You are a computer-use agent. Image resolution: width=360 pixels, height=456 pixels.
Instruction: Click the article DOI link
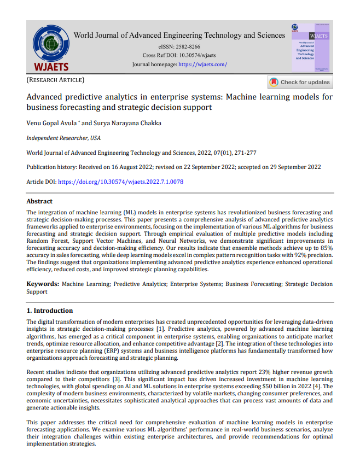click(x=120, y=182)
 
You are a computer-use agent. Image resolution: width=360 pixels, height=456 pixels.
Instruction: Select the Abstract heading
click(x=40, y=201)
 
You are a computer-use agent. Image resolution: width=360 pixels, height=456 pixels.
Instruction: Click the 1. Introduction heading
click(x=50, y=311)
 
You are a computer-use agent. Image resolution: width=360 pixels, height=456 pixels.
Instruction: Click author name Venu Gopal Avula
click(x=51, y=124)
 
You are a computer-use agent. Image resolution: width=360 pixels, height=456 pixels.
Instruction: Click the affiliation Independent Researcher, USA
click(x=64, y=138)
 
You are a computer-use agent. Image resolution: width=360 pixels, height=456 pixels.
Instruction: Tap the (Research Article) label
click(x=55, y=81)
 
